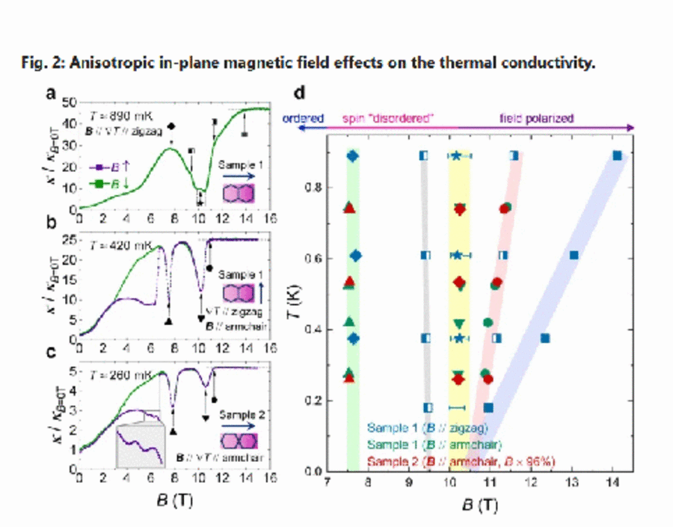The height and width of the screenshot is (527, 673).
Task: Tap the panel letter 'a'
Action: (x=51, y=94)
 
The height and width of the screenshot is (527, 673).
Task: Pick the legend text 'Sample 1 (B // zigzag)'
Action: (x=428, y=428)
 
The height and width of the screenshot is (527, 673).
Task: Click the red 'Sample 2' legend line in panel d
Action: (x=461, y=461)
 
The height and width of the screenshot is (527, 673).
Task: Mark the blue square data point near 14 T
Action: (x=617, y=155)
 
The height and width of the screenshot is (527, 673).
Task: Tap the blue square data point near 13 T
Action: (x=574, y=255)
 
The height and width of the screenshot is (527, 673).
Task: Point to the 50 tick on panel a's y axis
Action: (x=69, y=101)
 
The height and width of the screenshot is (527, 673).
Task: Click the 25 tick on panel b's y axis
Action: (x=69, y=241)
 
